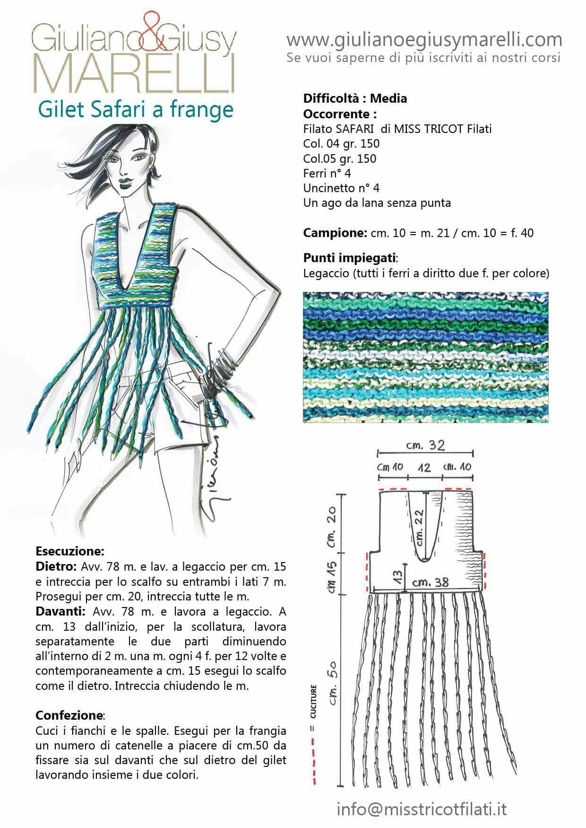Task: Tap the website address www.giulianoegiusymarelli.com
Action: coord(424,39)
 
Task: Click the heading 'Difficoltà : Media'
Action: coord(355,98)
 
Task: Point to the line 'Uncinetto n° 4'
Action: coord(341,188)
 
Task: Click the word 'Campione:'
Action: coord(334,233)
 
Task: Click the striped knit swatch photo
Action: coord(425,357)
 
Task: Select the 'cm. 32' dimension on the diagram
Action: coord(425,445)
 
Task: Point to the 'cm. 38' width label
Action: coord(430,583)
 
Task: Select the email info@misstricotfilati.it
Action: coord(422,809)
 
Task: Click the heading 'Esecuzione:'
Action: coord(69,551)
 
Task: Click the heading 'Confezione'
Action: coord(69,714)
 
